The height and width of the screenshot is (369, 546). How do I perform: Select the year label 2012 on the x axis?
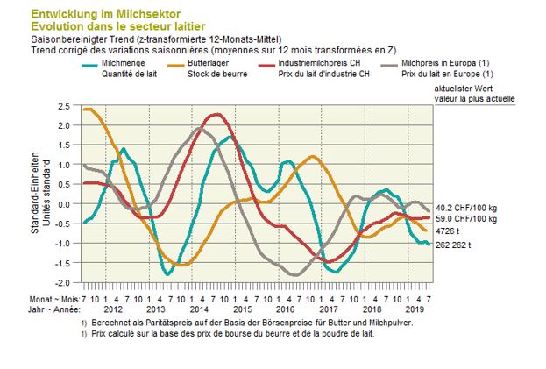113,309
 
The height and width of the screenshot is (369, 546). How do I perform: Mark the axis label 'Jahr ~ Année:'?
53,309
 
